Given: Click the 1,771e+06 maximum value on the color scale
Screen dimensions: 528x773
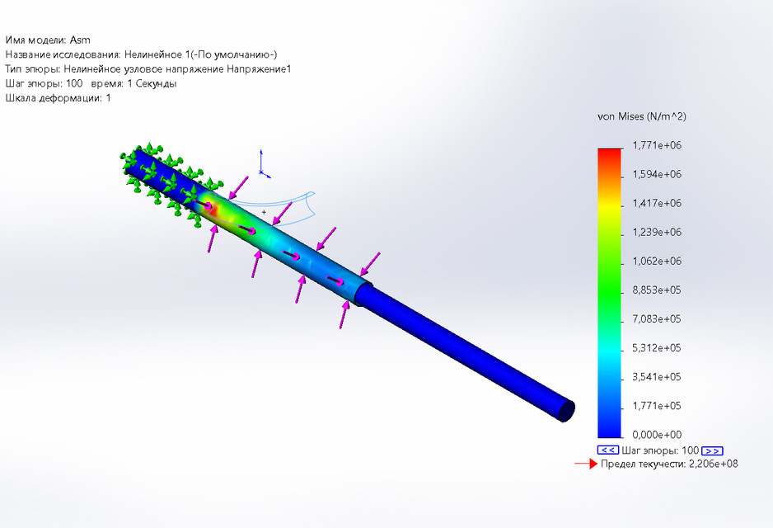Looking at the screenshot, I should tap(657, 146).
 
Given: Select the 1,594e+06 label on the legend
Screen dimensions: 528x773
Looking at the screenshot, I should tap(657, 175).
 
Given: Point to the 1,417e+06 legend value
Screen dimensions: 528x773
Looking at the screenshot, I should tap(657, 204).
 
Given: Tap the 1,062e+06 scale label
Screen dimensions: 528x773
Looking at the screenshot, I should tap(657, 262).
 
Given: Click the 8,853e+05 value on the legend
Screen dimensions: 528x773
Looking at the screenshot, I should tap(657, 290).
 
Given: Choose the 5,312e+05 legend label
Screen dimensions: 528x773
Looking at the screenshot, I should tap(657, 348).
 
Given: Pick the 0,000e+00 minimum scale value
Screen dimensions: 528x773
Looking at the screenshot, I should tap(657, 435).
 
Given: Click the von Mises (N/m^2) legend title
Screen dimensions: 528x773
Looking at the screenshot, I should tap(641, 117).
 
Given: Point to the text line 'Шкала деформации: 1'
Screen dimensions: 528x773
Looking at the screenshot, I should tap(58, 99).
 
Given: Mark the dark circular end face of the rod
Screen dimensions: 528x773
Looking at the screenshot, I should tap(566, 410).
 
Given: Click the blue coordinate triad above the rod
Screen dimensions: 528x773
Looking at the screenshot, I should tap(262, 165).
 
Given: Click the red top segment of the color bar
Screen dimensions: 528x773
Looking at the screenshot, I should tap(609, 153).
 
